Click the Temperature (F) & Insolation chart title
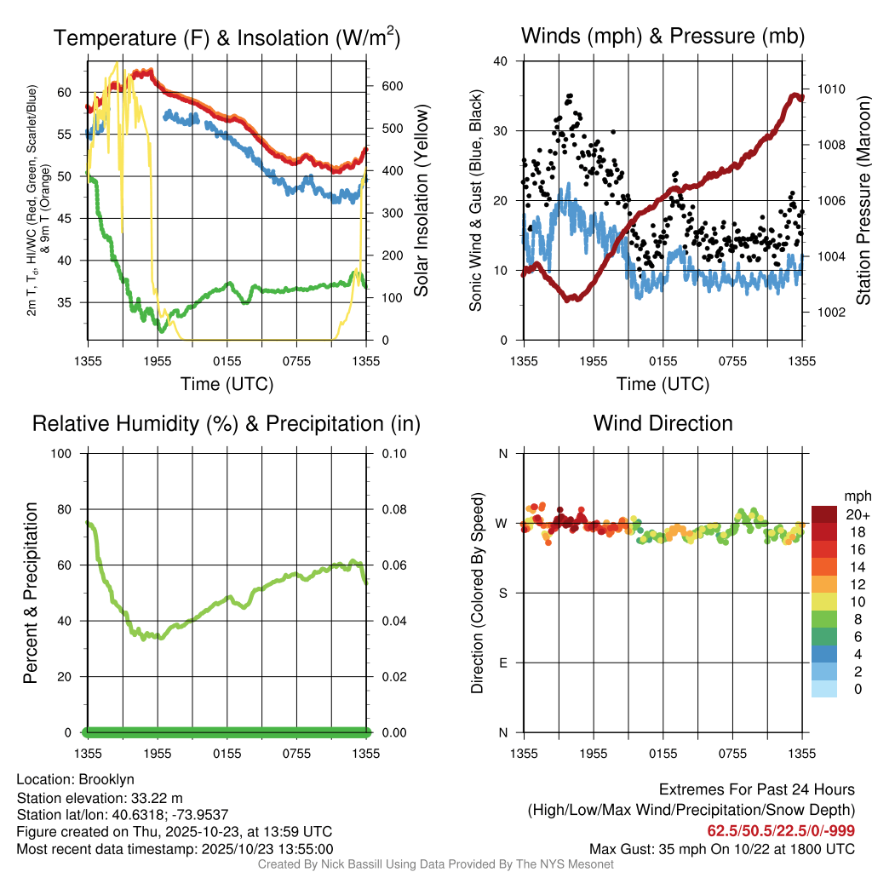tap(227, 37)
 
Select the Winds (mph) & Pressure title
tap(663, 36)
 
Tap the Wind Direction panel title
tap(663, 423)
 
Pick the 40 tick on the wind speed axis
tap(501, 61)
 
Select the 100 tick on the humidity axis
tap(65, 453)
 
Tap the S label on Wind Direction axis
tap(502, 593)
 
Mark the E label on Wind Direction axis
tap(502, 663)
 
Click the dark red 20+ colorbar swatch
tap(824, 513)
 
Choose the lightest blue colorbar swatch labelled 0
tap(824, 689)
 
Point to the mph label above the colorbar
tap(855, 496)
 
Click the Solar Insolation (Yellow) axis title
tap(421, 201)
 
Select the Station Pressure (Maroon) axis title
tap(863, 201)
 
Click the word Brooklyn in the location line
tap(106, 779)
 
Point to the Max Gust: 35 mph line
tap(722, 849)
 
